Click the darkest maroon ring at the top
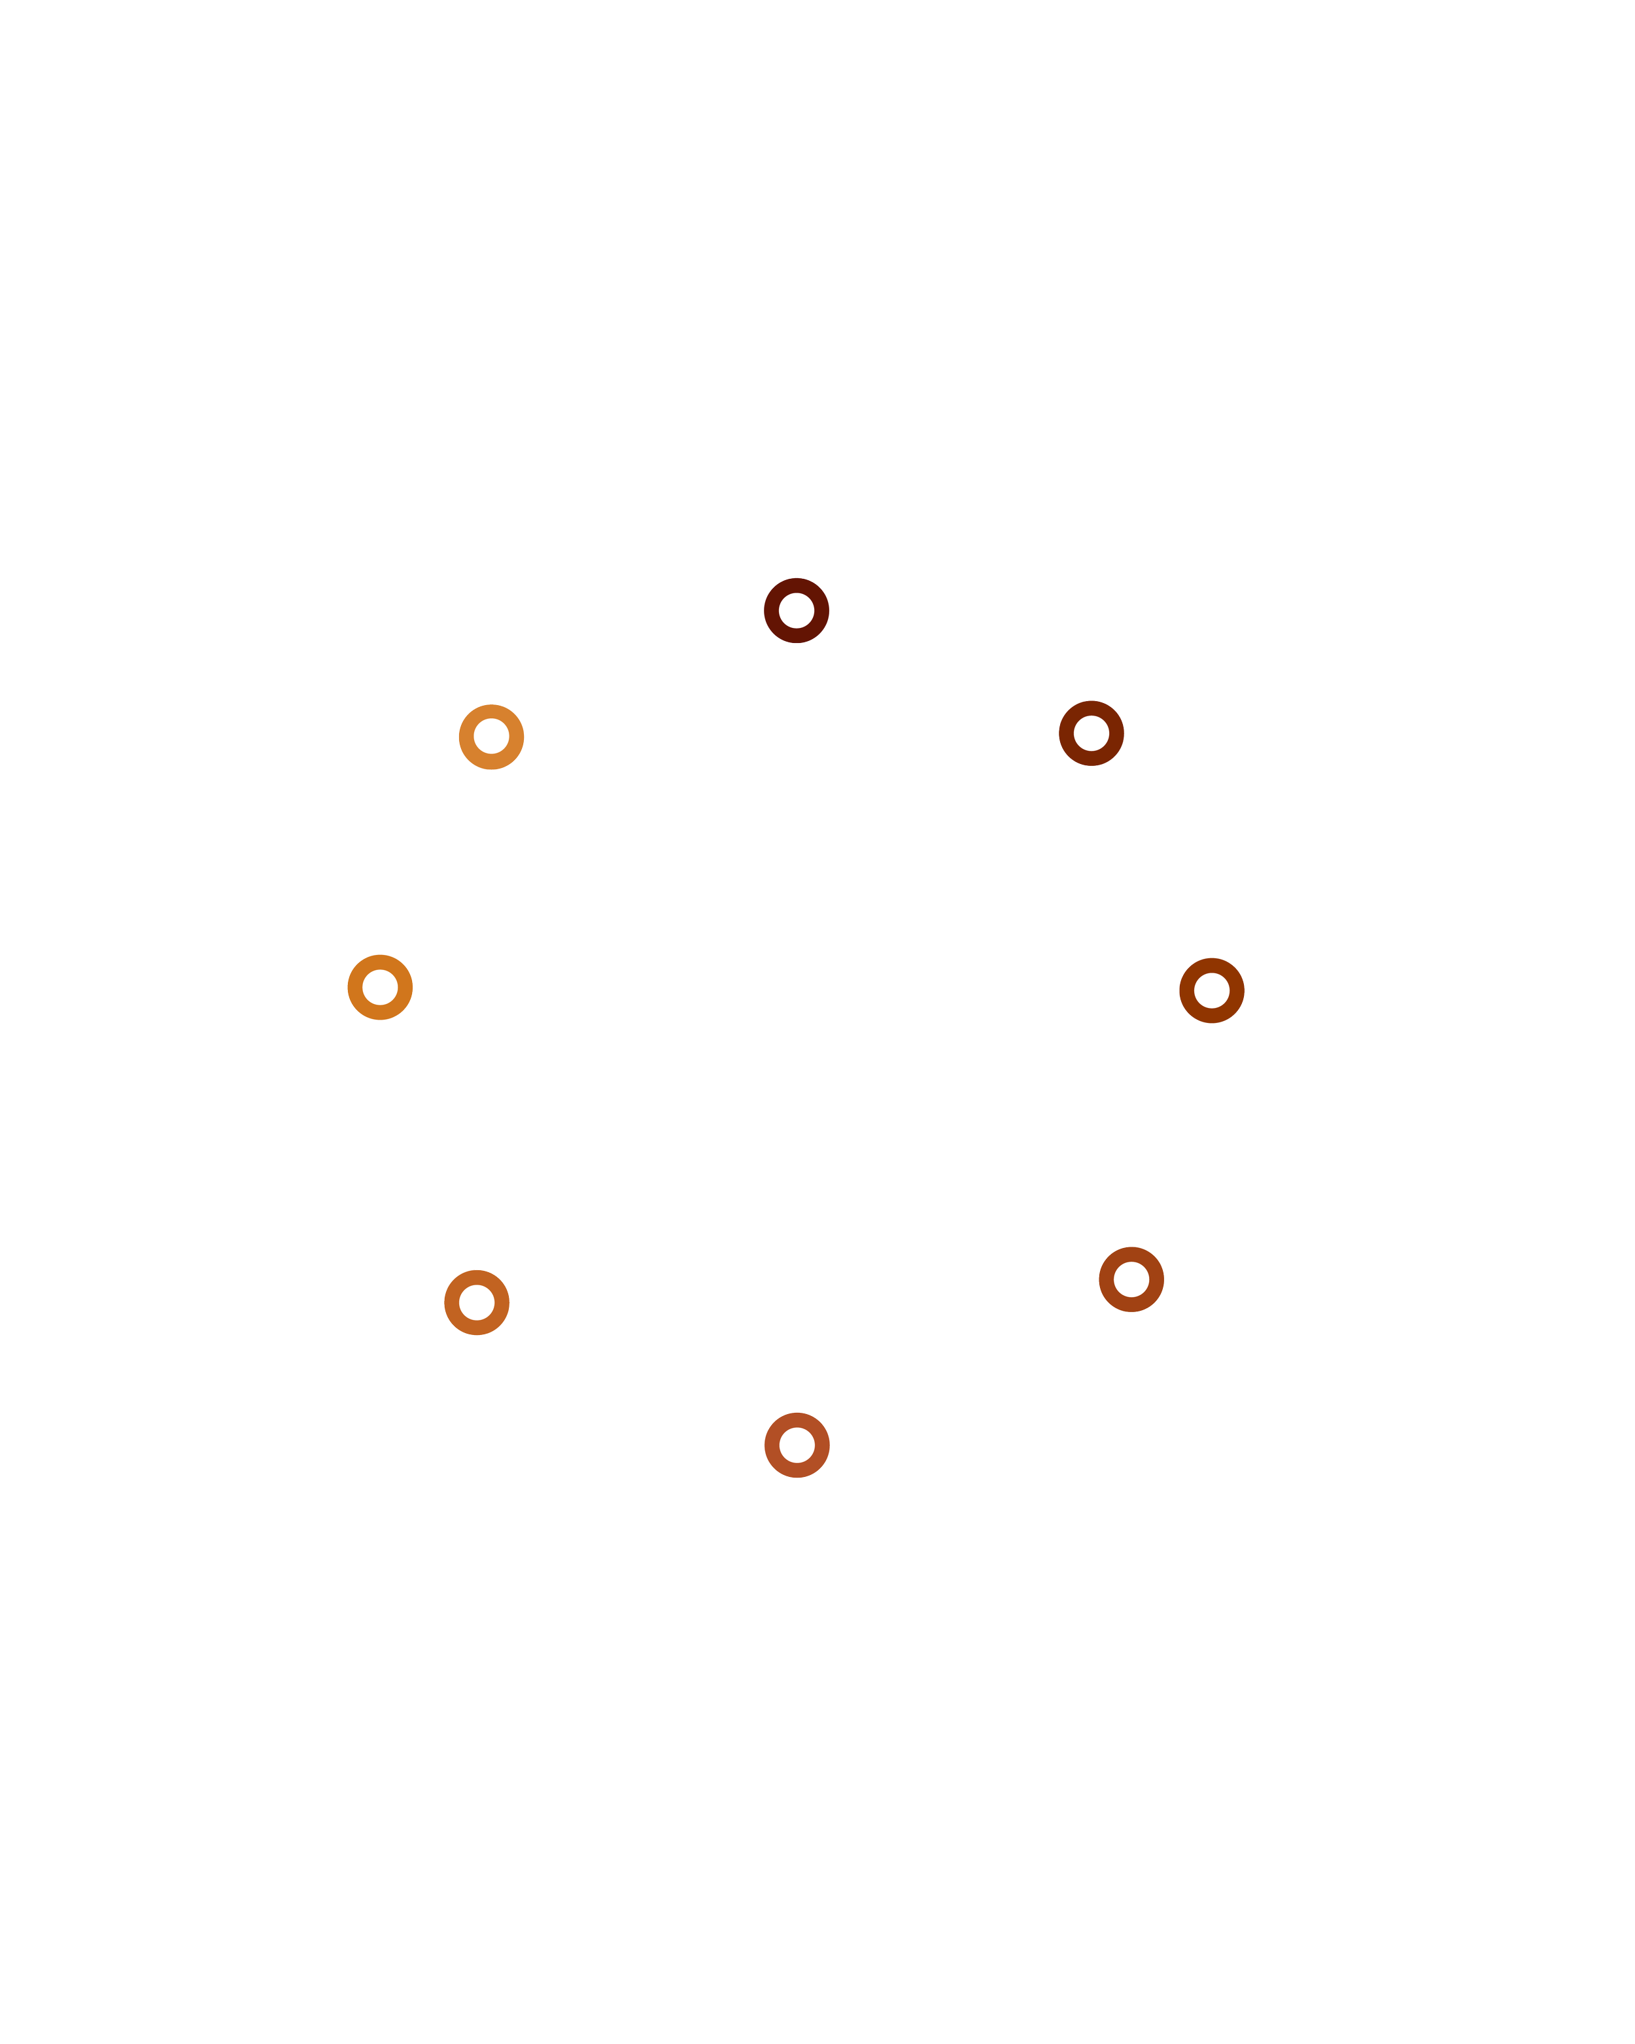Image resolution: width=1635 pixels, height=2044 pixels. [x=796, y=586]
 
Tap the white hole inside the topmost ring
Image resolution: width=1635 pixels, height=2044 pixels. [x=796, y=610]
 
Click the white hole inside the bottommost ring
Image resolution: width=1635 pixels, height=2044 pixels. [x=796, y=1445]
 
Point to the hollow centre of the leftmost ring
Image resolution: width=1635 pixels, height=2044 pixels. [x=380, y=987]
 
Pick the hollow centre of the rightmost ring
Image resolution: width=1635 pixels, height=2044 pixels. [x=1211, y=991]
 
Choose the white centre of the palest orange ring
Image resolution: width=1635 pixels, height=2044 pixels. [x=491, y=736]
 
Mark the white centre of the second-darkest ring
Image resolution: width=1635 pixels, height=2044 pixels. [x=1091, y=733]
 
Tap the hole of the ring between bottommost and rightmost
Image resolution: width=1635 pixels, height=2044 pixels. [x=1131, y=1279]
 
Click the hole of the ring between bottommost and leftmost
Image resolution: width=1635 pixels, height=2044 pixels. [x=477, y=1302]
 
